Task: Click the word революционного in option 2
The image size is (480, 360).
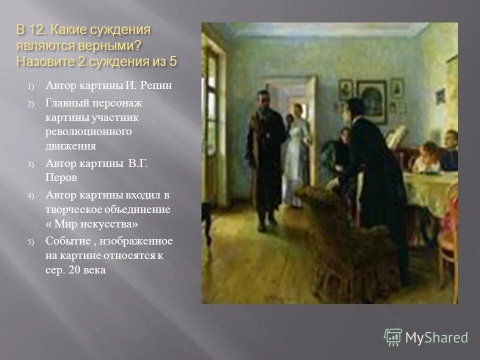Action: (88, 131)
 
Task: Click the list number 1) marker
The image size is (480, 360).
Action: (30, 86)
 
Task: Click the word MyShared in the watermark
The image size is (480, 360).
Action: (436, 337)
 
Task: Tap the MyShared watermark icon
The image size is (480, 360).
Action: (393, 337)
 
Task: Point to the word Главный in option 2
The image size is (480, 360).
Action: (67, 103)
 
